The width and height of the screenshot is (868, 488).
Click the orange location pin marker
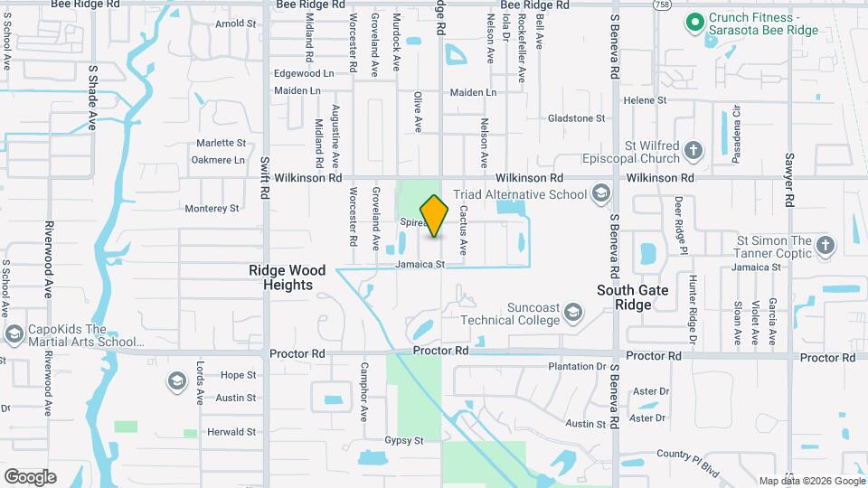coord(434,216)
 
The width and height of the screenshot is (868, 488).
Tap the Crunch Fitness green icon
coord(694,23)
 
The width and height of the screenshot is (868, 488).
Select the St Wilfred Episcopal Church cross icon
coord(693,151)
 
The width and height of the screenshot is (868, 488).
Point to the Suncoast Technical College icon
coord(571,313)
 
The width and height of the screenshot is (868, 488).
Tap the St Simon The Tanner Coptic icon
coord(825,245)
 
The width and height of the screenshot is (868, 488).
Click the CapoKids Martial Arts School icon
coord(14,335)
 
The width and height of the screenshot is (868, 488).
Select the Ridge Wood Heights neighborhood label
coord(281,277)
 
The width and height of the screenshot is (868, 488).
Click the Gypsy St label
coord(405,440)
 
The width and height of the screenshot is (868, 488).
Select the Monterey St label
coord(212,208)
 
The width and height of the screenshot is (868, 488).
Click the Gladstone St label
coord(577,118)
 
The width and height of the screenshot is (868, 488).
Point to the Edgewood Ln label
coord(303,72)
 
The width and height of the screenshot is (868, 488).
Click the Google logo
coord(30,476)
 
